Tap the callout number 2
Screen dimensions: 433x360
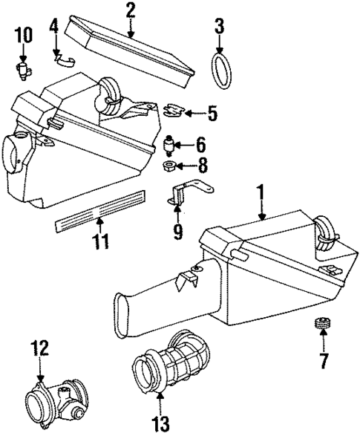point(130,10)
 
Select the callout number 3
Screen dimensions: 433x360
point(219,28)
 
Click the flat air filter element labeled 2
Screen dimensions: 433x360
point(130,51)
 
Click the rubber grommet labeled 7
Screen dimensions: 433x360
point(323,325)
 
